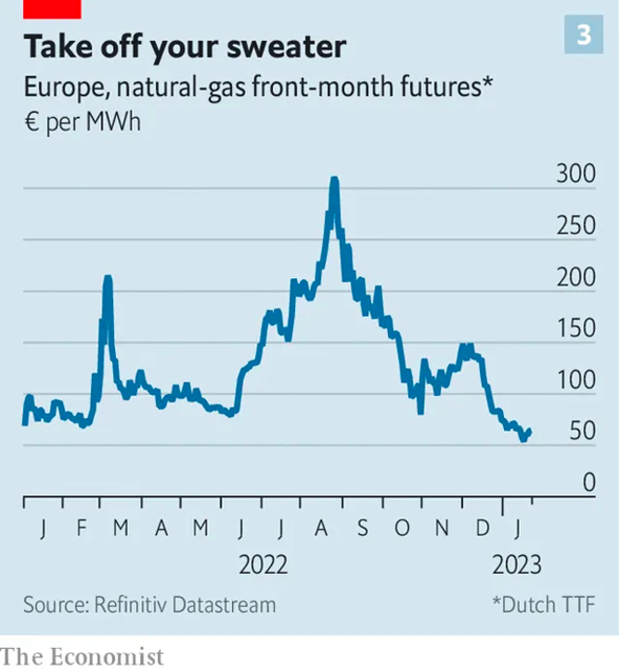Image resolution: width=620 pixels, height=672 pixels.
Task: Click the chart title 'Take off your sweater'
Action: (x=185, y=46)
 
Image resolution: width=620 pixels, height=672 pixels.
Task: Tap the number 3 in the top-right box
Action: (x=584, y=35)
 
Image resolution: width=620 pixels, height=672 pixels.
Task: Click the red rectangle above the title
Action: (x=52, y=8)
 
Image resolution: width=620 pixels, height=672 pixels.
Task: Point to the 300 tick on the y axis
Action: (x=575, y=173)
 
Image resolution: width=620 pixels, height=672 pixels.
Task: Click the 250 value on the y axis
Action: (x=575, y=225)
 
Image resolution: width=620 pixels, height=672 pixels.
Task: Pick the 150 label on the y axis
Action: (x=575, y=328)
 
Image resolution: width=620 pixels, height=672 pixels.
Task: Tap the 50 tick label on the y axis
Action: (x=581, y=431)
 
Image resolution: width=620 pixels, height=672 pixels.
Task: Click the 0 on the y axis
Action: (x=588, y=482)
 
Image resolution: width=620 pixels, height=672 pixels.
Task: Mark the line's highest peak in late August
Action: (x=334, y=179)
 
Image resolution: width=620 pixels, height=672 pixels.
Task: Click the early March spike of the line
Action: (x=108, y=278)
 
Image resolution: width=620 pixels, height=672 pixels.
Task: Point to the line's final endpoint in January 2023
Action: (x=529, y=430)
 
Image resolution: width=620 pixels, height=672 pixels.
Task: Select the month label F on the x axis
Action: (x=82, y=529)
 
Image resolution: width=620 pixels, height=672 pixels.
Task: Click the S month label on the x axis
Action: (x=362, y=529)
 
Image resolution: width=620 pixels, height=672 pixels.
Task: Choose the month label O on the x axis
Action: (x=402, y=529)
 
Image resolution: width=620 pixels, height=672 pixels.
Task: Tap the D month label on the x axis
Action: (x=483, y=529)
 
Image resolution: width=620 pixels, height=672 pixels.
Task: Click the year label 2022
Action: (x=264, y=564)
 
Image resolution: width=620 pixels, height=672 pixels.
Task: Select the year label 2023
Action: (x=517, y=564)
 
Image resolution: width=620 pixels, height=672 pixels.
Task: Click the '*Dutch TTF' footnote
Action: (x=544, y=605)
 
